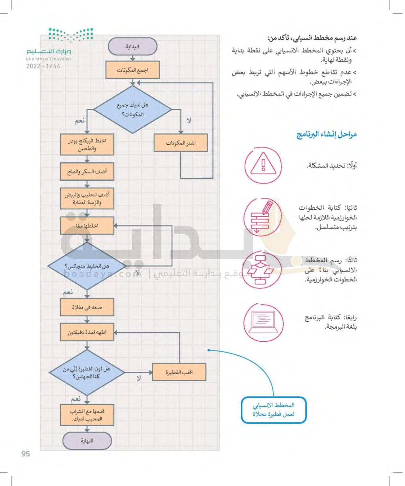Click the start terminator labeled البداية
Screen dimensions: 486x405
click(132, 46)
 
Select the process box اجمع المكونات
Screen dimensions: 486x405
click(132, 70)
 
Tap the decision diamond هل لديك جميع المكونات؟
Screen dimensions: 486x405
click(132, 110)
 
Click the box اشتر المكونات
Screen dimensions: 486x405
click(180, 143)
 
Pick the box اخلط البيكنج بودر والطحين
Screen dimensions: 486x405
click(87, 144)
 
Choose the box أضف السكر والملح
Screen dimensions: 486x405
click(87, 171)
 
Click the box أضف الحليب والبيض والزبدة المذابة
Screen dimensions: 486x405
click(87, 198)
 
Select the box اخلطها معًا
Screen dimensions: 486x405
click(87, 225)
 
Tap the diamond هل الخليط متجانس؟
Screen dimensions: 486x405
click(87, 266)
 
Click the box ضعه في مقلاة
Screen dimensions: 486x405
click(87, 307)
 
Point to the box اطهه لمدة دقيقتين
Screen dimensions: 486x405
click(87, 332)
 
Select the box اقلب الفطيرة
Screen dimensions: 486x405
click(179, 372)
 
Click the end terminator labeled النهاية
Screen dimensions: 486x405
click(87, 441)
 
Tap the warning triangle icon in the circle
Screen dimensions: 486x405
click(263, 165)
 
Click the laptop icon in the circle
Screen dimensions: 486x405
click(263, 322)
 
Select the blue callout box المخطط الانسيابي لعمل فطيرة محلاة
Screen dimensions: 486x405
click(273, 410)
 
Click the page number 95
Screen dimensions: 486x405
click(26, 454)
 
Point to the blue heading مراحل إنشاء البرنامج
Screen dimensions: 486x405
click(327, 134)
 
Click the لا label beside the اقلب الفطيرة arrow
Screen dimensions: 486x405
click(139, 378)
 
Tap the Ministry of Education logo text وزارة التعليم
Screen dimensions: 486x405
click(49, 51)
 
